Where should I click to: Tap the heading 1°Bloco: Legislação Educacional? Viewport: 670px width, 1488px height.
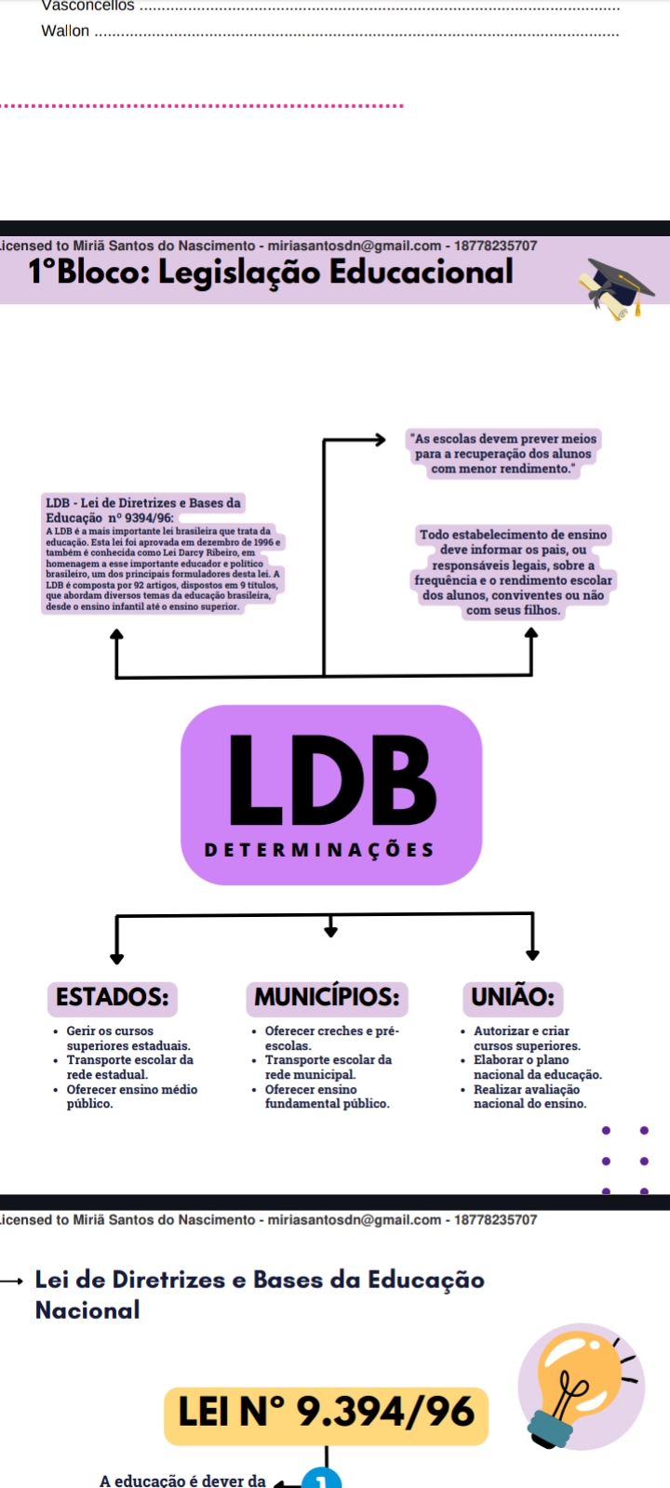click(x=271, y=272)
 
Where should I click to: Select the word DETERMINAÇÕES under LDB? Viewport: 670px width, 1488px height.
click(x=318, y=850)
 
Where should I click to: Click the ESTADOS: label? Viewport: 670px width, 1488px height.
click(x=112, y=997)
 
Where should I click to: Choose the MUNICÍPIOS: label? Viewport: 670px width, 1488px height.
click(x=327, y=997)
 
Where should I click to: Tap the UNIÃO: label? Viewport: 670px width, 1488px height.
click(x=512, y=997)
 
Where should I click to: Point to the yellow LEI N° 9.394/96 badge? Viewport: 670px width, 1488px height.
click(x=326, y=1413)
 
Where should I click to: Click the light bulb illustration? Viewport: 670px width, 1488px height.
click(x=582, y=1386)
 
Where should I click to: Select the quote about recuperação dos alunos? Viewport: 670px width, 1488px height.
click(x=503, y=454)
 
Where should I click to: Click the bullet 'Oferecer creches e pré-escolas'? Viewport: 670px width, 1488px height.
click(x=331, y=1038)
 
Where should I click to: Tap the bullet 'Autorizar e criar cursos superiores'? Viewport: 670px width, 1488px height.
click(x=526, y=1038)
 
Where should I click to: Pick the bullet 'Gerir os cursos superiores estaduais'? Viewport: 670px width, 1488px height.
click(x=127, y=1038)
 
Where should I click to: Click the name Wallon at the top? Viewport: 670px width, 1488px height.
click(x=65, y=31)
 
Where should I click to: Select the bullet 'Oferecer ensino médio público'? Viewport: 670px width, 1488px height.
click(x=130, y=1096)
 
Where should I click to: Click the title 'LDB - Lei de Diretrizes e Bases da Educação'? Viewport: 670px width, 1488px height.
click(x=143, y=510)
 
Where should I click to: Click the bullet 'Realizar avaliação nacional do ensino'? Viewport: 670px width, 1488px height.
click(x=529, y=1096)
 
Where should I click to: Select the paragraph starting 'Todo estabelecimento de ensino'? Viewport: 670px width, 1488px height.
click(x=513, y=572)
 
